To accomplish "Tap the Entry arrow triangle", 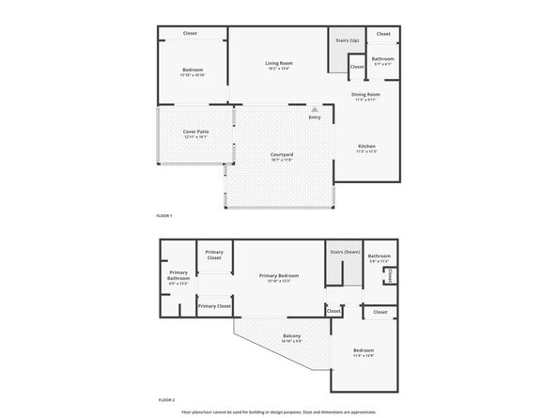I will click(x=315, y=109).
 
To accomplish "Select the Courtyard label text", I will click(x=282, y=154).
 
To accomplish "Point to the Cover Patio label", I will click(x=195, y=132).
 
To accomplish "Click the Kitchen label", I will click(x=367, y=146).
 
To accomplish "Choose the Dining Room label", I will click(x=365, y=94).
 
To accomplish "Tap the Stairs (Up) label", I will click(x=347, y=40).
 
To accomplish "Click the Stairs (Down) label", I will click(x=345, y=252).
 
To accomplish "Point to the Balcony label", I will click(x=292, y=335).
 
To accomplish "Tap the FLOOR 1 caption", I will click(x=165, y=216).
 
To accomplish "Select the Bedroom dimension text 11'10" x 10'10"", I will click(x=192, y=75).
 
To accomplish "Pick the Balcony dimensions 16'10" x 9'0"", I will click(x=292, y=341).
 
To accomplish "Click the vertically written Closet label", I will click(x=391, y=275).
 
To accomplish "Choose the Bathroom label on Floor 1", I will click(x=382, y=59).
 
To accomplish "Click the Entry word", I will click(x=315, y=117).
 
